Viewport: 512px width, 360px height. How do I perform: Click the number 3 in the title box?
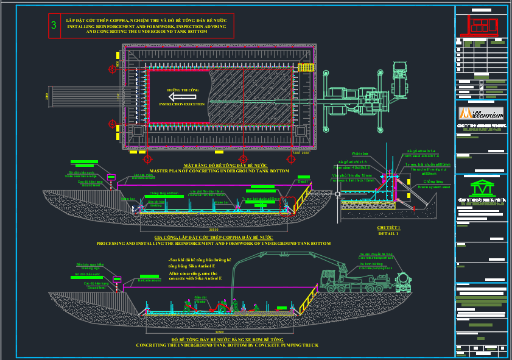tap(54, 26)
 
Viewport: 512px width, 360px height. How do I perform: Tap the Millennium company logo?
tap(480, 114)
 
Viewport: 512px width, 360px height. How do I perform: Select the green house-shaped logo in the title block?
tap(480, 187)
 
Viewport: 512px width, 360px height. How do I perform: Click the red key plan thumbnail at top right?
tap(481, 26)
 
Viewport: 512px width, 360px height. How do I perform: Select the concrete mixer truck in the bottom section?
tap(402, 281)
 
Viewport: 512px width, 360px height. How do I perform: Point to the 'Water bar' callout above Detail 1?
tap(361, 154)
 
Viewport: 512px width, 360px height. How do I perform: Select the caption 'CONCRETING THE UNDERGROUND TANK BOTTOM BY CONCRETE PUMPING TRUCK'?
tap(226, 345)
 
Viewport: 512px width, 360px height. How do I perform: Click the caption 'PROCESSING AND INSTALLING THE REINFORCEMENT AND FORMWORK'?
tap(214, 243)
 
